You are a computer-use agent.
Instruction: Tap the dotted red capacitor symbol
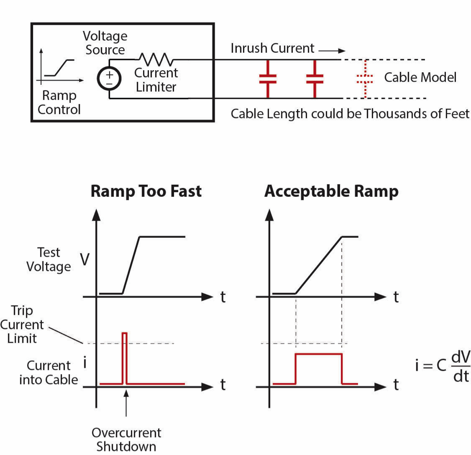365,79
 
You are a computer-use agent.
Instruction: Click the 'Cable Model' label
420,77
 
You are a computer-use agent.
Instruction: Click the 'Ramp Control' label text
59,103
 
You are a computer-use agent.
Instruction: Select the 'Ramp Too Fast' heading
146,191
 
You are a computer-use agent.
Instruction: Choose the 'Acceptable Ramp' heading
331,191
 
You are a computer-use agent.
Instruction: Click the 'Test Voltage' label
49,260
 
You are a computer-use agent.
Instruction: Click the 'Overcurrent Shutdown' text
126,440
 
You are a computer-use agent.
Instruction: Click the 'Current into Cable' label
48,373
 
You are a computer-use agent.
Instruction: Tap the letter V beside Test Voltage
84,260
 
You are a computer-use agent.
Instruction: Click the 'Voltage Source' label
105,43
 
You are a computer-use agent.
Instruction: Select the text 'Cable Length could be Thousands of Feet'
350,114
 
